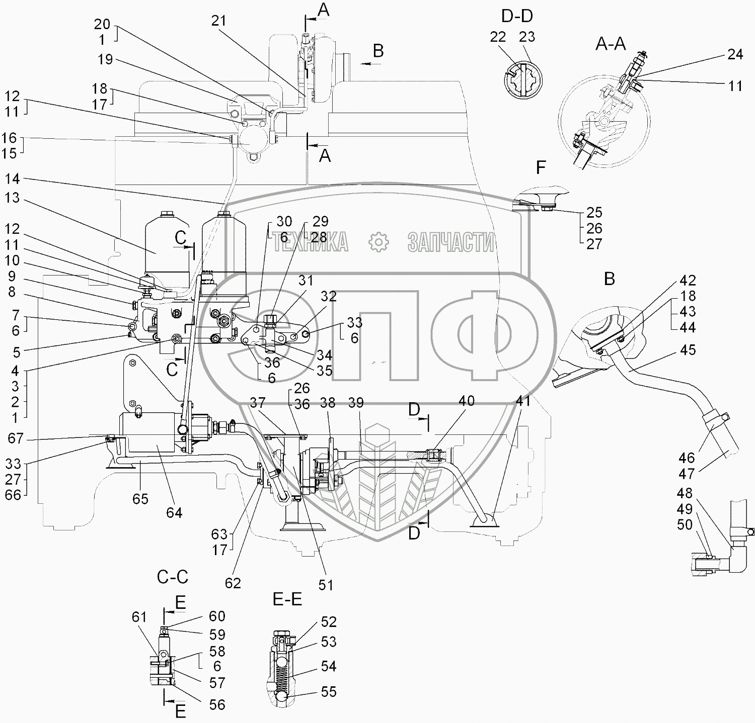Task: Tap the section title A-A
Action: [611, 44]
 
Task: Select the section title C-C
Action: [173, 577]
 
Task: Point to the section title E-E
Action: [287, 599]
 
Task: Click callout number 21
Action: [219, 21]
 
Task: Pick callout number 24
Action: [735, 54]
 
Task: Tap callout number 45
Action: [688, 350]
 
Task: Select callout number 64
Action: [174, 513]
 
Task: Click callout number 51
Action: [326, 585]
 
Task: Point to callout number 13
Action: [12, 198]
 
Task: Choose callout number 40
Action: [466, 401]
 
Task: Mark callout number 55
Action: [329, 692]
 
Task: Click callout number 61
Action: [139, 617]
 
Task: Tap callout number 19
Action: [105, 59]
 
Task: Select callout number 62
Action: [233, 583]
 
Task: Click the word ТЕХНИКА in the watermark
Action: [311, 242]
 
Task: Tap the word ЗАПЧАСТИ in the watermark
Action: [450, 242]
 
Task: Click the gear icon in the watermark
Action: [379, 242]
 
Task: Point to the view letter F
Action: [541, 167]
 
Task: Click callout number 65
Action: [140, 499]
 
